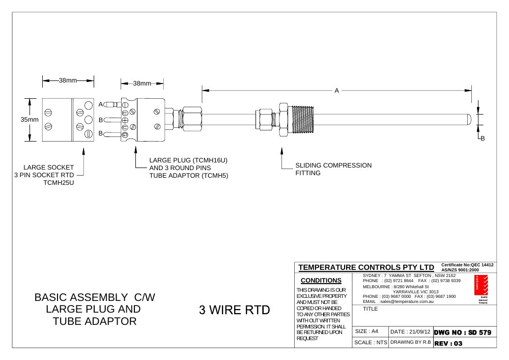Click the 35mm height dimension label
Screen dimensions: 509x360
(30, 120)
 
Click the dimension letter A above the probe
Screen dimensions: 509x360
(336, 91)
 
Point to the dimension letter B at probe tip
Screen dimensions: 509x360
(483, 139)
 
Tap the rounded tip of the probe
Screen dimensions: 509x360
(470, 119)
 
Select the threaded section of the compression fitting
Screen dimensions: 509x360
(303, 120)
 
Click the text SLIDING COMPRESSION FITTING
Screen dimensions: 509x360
(333, 169)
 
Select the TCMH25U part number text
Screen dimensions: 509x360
(59, 183)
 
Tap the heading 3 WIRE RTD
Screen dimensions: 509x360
(234, 310)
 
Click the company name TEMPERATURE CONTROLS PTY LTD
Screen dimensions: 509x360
(366, 267)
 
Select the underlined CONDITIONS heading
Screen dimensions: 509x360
(321, 281)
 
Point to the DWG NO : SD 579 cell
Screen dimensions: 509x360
(465, 333)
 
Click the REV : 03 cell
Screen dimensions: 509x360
(465, 343)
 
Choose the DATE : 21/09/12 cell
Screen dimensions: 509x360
(411, 332)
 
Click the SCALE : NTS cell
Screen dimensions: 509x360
(371, 343)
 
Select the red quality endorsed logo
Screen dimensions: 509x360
(481, 285)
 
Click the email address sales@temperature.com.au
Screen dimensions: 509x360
(407, 301)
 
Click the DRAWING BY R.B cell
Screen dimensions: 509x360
(411, 342)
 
